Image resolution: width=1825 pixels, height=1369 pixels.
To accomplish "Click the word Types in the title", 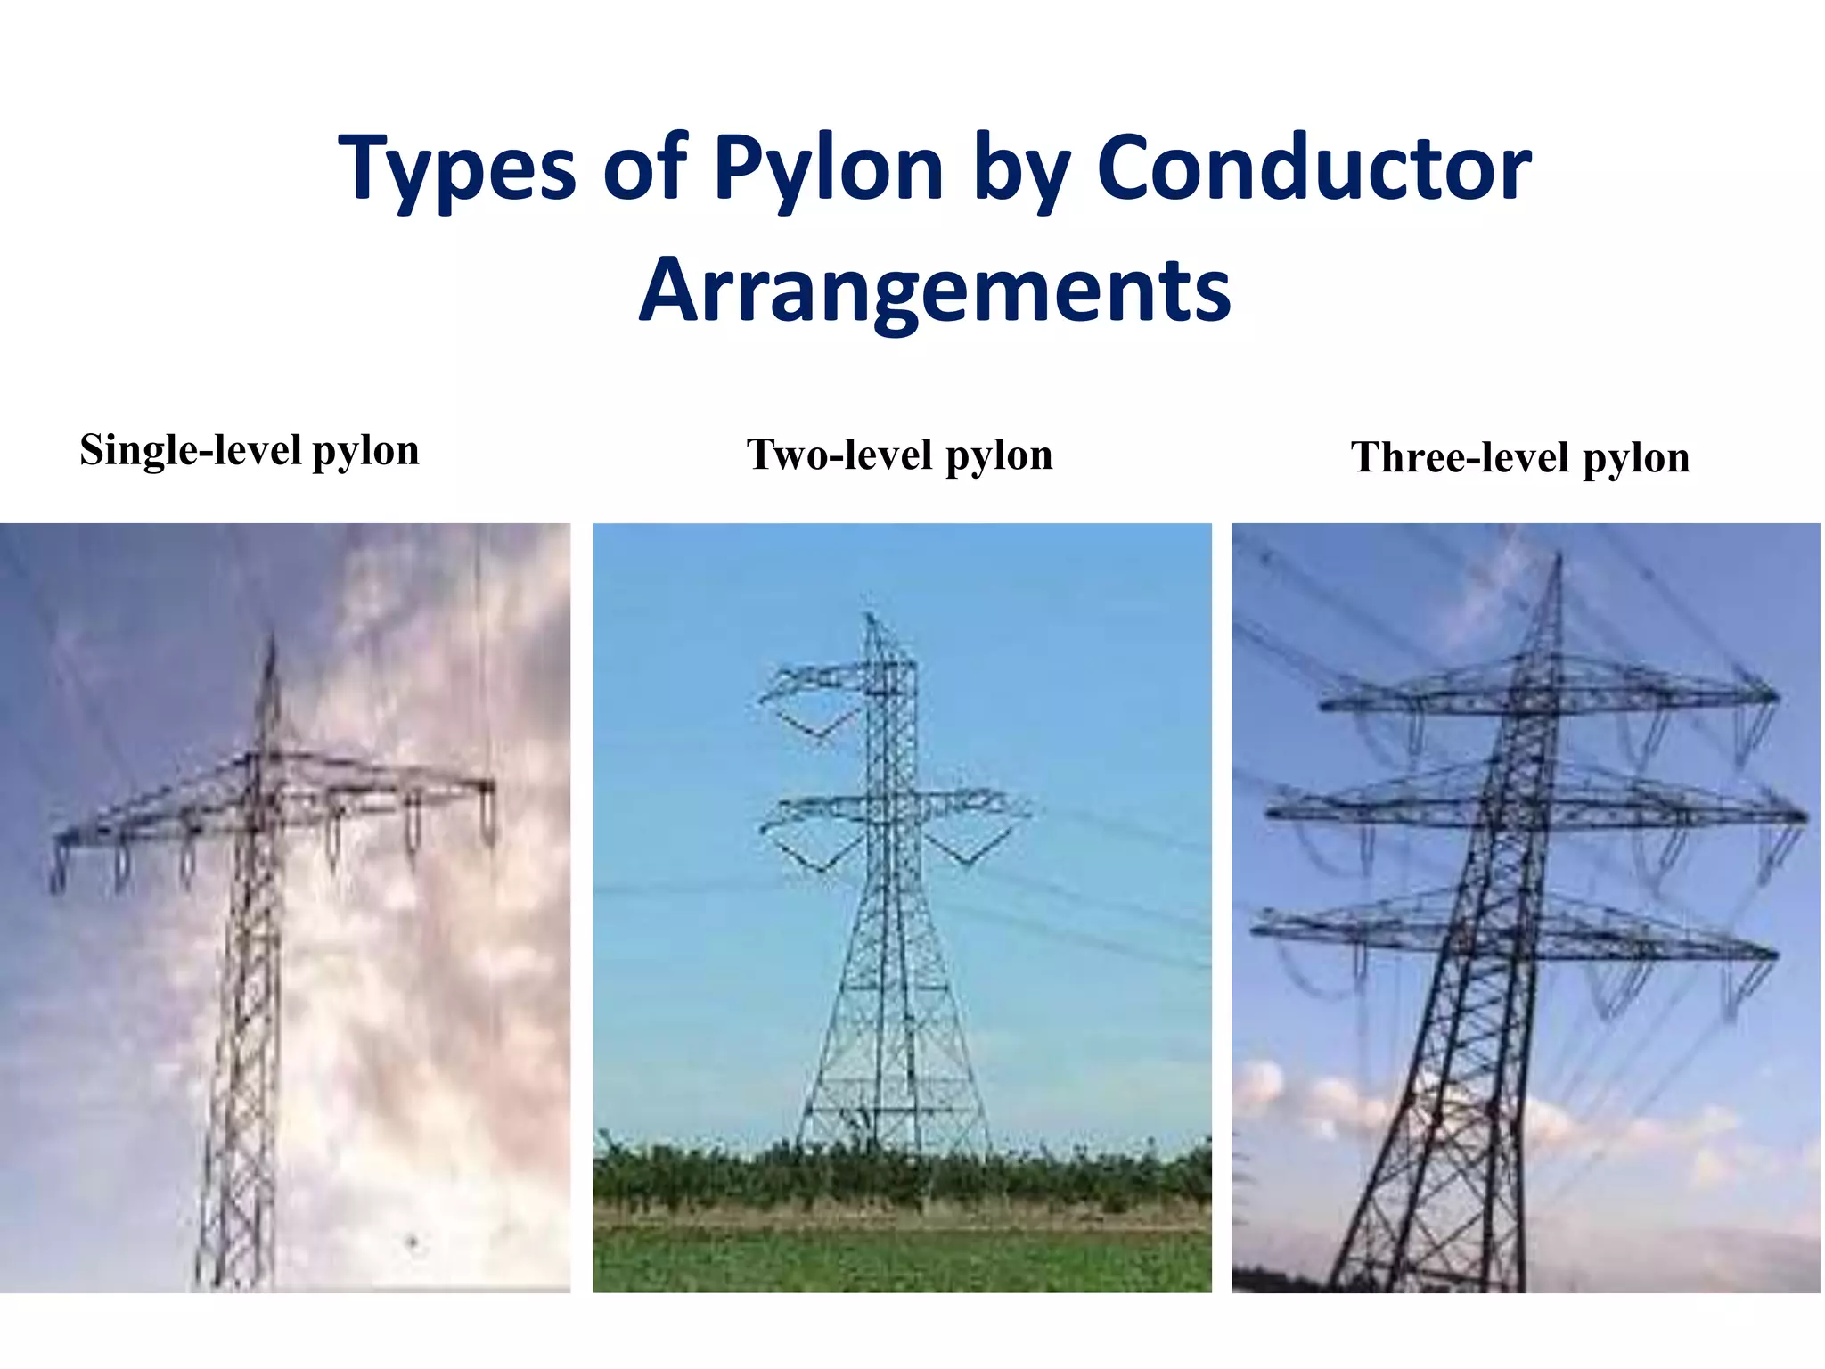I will point(456,169).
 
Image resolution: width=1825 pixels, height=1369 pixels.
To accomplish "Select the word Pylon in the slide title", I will point(829,169).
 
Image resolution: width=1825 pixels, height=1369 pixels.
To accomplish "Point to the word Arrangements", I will point(936,290).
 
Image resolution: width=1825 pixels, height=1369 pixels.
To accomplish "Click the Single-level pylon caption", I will point(250,450).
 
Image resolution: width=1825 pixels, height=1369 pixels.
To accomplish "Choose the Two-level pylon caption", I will point(900,455).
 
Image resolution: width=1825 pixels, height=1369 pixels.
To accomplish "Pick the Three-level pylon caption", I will point(1520,457).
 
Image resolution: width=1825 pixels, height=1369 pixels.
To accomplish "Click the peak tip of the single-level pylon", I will point(271,635).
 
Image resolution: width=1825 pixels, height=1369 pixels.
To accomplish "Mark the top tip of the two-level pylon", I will point(869,615).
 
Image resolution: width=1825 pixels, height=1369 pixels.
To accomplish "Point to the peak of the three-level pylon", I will point(1559,556).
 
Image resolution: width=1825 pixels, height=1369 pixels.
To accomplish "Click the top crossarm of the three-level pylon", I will point(1551,695).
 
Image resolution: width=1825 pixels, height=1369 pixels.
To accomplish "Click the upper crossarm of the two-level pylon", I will point(838,677).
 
